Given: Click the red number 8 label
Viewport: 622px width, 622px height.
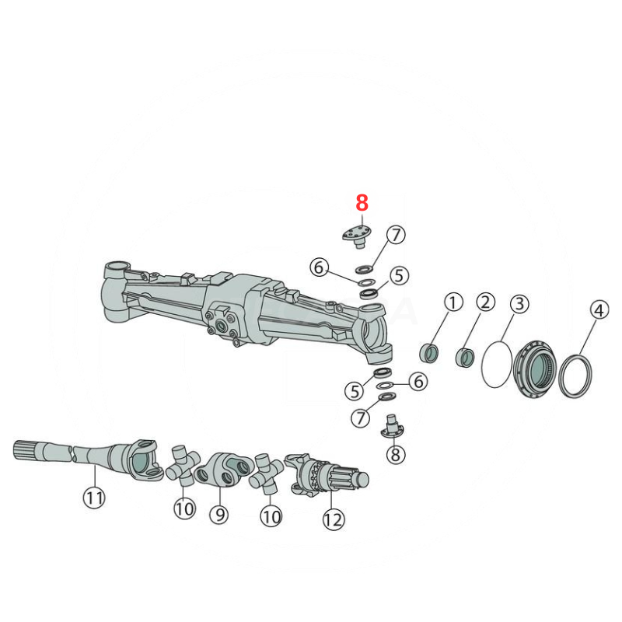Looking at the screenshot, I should tap(362, 203).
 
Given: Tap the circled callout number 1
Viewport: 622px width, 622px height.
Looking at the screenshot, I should tap(453, 302).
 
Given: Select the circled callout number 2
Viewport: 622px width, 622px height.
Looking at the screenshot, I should tap(485, 302).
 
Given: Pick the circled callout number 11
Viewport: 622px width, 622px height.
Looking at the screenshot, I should tap(94, 497).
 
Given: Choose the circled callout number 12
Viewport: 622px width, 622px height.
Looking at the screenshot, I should tap(333, 519).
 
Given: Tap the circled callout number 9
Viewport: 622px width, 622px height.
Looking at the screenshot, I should tap(218, 514).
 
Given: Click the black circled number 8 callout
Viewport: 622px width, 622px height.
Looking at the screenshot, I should tap(396, 453).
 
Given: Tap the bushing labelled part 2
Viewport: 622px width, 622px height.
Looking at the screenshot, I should tap(465, 358).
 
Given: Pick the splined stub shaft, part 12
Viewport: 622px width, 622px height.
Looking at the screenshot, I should tap(330, 475).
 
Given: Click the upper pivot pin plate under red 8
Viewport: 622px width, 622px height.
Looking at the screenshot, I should tap(355, 233).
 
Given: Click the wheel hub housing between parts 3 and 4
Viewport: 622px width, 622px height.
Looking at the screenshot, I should tap(536, 368).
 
